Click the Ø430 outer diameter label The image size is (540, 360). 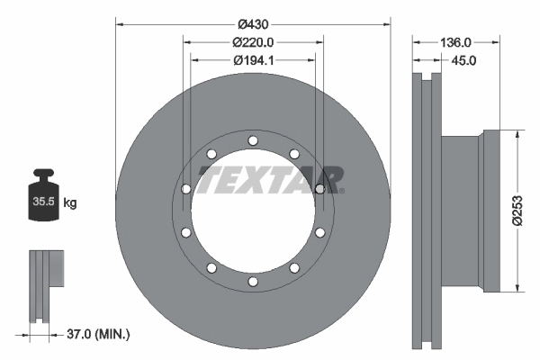pos(253,24)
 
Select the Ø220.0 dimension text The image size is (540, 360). pos(253,42)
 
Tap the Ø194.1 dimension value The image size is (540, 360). pos(253,60)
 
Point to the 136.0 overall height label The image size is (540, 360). pos(457,42)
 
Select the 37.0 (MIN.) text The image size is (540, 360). pos(99,334)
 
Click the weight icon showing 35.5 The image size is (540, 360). pos(45,193)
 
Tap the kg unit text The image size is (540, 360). pos(70,203)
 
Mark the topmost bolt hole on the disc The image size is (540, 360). pos(253,139)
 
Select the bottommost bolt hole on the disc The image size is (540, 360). pos(253,282)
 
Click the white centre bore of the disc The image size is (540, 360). pos(253,220)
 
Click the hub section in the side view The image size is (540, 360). pos(463,211)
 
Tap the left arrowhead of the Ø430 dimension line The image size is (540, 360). pos(118,24)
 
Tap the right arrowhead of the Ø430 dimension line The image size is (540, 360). pos(389,24)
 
